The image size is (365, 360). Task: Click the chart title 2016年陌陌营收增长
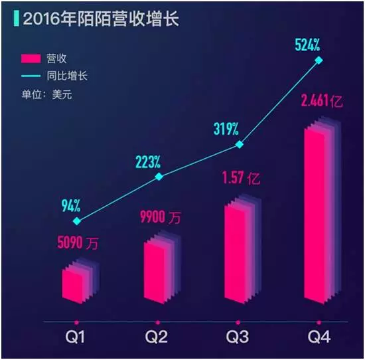[101, 19]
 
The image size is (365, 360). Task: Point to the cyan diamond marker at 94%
[77, 221]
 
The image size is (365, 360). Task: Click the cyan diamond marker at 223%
[159, 177]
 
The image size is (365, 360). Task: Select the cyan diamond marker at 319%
[240, 145]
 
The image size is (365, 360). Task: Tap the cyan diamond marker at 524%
[319, 60]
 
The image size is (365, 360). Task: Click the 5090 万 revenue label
[78, 243]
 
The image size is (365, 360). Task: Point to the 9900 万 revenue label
[160, 217]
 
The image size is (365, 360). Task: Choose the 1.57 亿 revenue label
[241, 178]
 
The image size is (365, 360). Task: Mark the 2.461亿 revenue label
[322, 101]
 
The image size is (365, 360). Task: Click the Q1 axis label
[75, 337]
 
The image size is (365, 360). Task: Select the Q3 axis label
[237, 337]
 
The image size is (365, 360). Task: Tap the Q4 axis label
[319, 337]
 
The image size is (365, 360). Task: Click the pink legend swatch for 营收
[31, 58]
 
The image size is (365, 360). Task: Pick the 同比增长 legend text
[67, 76]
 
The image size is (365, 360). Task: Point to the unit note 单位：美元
[47, 94]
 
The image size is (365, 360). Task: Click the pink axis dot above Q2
[158, 323]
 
